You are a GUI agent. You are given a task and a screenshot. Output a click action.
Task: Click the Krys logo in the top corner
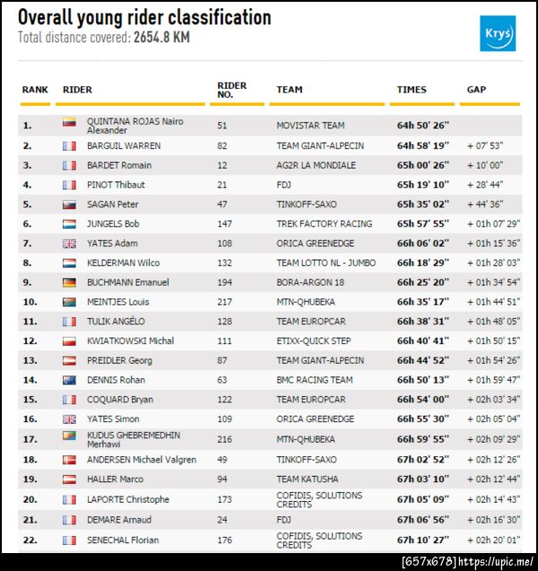[x=498, y=33]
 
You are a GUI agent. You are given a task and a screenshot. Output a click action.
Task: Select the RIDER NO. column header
[x=232, y=89]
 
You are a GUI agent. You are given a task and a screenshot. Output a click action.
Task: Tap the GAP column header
[x=477, y=90]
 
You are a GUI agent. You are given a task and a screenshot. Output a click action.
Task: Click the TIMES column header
[x=412, y=90]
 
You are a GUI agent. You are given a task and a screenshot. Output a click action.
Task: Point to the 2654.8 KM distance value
[x=161, y=38]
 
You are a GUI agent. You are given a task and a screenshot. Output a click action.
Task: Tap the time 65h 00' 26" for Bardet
[x=423, y=165]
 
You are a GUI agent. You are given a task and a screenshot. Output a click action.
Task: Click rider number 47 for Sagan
[x=222, y=204]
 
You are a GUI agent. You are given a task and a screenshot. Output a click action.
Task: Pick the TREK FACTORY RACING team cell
[x=324, y=223]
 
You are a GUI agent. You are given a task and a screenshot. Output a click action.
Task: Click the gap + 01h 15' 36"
[x=493, y=243]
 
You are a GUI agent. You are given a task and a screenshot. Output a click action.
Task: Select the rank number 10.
[x=30, y=302]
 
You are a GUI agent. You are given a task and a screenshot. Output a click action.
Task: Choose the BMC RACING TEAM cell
[x=315, y=380]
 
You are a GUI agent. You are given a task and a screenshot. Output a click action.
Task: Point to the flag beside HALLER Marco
[x=69, y=479]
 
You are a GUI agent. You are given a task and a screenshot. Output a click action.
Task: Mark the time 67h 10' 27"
[x=423, y=541]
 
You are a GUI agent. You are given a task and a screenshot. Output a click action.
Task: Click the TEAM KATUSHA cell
[x=308, y=479]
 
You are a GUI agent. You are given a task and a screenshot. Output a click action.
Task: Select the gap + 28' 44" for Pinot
[x=485, y=185]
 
